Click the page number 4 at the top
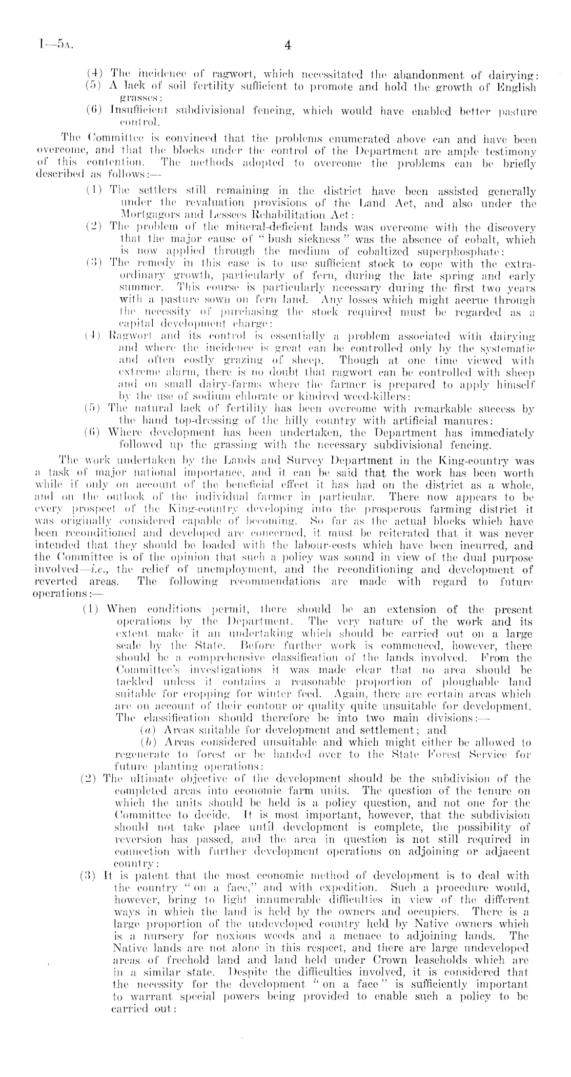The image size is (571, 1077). point(287,46)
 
